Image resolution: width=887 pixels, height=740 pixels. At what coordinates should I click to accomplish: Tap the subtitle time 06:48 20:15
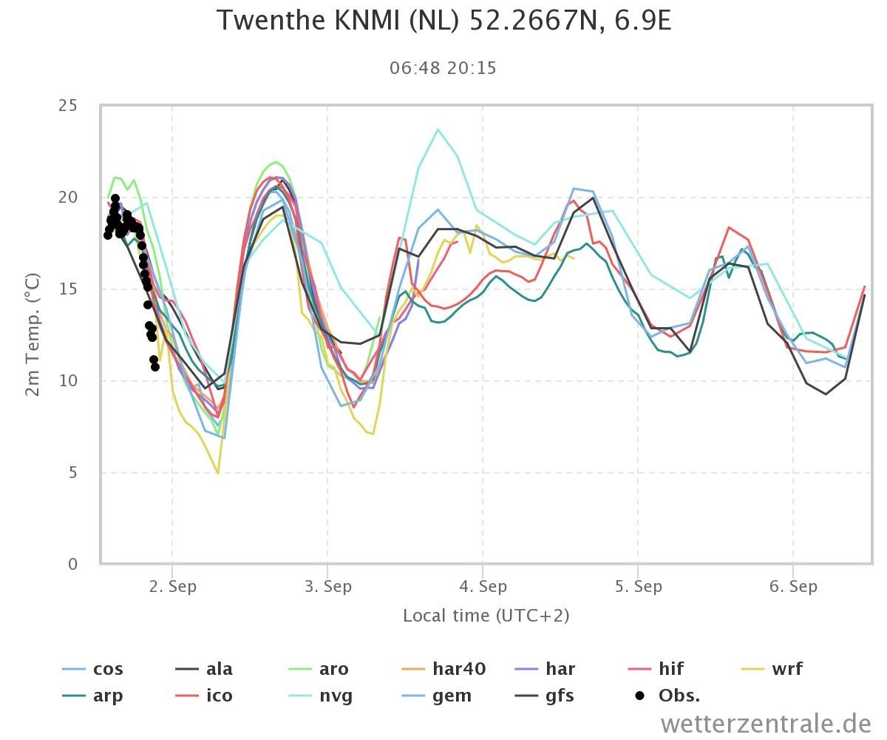(443, 68)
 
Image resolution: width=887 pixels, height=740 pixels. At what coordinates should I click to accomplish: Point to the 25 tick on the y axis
(68, 105)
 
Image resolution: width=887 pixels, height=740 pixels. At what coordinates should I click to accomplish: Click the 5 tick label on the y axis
(72, 473)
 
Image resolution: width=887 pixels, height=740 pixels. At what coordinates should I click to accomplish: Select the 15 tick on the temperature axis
(68, 289)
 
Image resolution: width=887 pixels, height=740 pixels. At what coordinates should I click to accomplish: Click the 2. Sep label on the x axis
(172, 587)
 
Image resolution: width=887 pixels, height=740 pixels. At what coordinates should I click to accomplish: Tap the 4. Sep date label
(483, 587)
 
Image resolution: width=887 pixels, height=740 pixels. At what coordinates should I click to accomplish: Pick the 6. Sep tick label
(793, 587)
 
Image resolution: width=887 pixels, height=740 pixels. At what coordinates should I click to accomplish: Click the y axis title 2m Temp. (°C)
(33, 334)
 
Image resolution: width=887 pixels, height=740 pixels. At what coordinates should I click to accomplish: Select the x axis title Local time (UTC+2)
(486, 616)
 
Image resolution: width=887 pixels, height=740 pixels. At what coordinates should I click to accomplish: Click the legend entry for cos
(92, 669)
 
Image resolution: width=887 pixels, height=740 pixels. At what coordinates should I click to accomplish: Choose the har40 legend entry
(443, 669)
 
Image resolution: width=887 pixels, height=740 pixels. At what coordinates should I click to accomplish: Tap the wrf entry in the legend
(772, 669)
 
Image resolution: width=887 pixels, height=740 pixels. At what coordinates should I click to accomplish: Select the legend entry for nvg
(320, 696)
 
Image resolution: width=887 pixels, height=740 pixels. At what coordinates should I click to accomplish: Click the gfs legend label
(544, 696)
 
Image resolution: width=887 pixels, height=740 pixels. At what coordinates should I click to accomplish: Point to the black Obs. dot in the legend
(639, 696)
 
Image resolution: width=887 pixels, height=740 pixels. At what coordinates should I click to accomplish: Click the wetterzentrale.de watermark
(766, 724)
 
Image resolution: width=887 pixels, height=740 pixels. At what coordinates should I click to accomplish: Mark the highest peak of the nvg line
(438, 129)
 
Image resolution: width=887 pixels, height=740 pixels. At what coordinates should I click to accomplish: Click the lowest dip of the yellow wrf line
(218, 473)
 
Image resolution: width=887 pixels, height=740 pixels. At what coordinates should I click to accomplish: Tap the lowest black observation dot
(155, 366)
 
